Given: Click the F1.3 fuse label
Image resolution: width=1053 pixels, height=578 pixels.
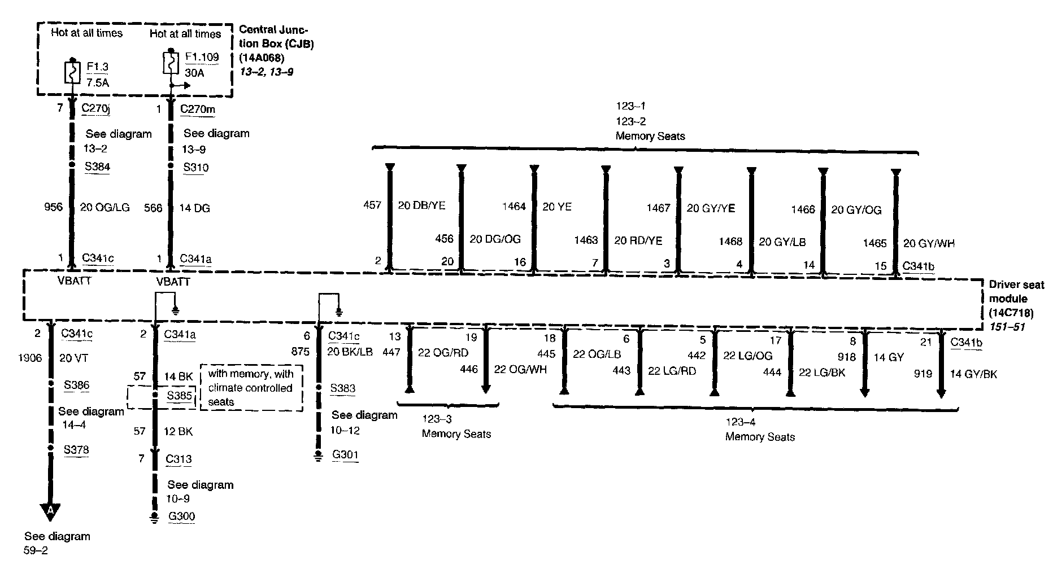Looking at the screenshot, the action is click(x=97, y=67).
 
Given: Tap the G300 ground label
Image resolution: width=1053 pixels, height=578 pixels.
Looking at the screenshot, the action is click(x=181, y=516).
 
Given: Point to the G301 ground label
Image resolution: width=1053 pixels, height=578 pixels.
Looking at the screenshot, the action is click(x=345, y=454).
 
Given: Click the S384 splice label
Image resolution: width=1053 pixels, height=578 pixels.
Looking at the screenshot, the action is click(x=97, y=167).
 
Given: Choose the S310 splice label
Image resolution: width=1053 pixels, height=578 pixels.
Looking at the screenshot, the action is click(x=195, y=167).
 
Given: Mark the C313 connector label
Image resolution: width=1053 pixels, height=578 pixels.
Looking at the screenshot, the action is click(x=179, y=459).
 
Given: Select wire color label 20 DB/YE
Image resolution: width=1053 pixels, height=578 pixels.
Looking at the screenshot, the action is click(x=421, y=205).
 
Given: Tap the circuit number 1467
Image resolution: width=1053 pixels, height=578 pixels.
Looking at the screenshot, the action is click(x=658, y=208).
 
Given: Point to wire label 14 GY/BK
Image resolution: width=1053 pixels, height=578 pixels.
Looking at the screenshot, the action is click(x=973, y=374).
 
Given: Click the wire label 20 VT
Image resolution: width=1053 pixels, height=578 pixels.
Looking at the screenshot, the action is click(x=73, y=358).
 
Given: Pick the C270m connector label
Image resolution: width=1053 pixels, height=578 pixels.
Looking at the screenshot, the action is click(x=197, y=109).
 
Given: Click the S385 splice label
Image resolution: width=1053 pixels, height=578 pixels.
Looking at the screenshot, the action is click(x=180, y=395).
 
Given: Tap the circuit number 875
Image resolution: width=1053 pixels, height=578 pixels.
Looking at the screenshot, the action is click(x=300, y=351).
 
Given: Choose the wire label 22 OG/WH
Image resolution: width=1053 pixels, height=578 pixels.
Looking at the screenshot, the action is click(x=520, y=369).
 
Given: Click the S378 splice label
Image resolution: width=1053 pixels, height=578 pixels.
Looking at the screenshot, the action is click(x=76, y=450).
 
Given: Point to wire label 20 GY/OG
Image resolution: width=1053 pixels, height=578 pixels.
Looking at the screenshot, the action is click(x=856, y=210).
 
